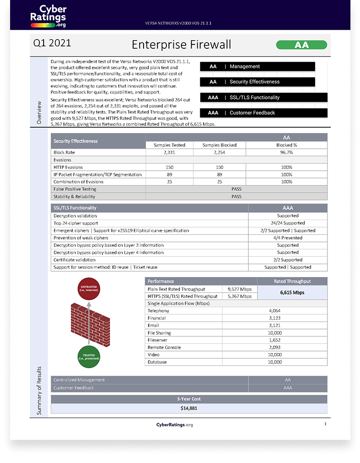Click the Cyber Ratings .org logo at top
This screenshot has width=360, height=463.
coord(48,16)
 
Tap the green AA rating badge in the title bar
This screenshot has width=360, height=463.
coord(302,45)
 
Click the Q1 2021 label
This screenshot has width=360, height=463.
coord(52,43)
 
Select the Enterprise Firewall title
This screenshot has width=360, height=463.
coord(181,44)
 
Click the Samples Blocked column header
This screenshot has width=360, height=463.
coord(219,145)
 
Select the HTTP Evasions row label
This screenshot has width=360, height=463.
coord(68,167)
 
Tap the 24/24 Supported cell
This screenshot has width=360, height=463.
coord(288,223)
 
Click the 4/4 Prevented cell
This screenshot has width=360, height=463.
coord(288,238)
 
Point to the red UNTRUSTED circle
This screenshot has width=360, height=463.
coord(89,290)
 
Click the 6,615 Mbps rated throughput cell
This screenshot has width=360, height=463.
coord(292,292)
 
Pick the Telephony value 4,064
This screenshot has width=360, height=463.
coord(275,311)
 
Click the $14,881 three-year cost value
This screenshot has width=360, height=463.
coord(189,408)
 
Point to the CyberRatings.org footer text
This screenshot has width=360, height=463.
coord(174,425)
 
